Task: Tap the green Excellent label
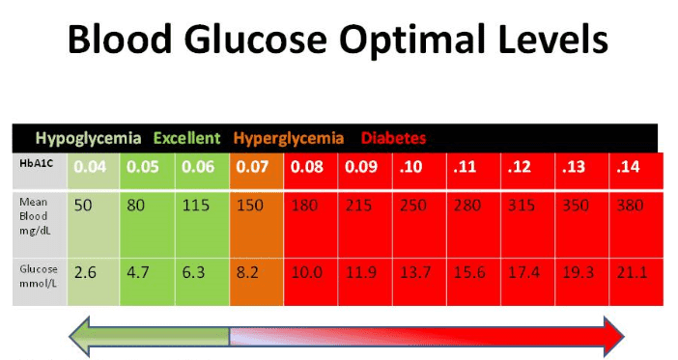pyautogui.click(x=185, y=138)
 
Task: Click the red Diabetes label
pyautogui.click(x=394, y=138)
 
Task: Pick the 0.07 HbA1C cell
pyautogui.click(x=252, y=167)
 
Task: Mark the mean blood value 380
pyautogui.click(x=630, y=207)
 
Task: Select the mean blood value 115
pyautogui.click(x=199, y=207)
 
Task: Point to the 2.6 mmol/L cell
pyautogui.click(x=86, y=273)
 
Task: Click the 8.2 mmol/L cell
pyautogui.click(x=249, y=273)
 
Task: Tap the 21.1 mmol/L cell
pyautogui.click(x=631, y=273)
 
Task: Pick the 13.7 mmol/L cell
pyautogui.click(x=416, y=273)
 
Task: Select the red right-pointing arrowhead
pyautogui.click(x=611, y=335)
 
